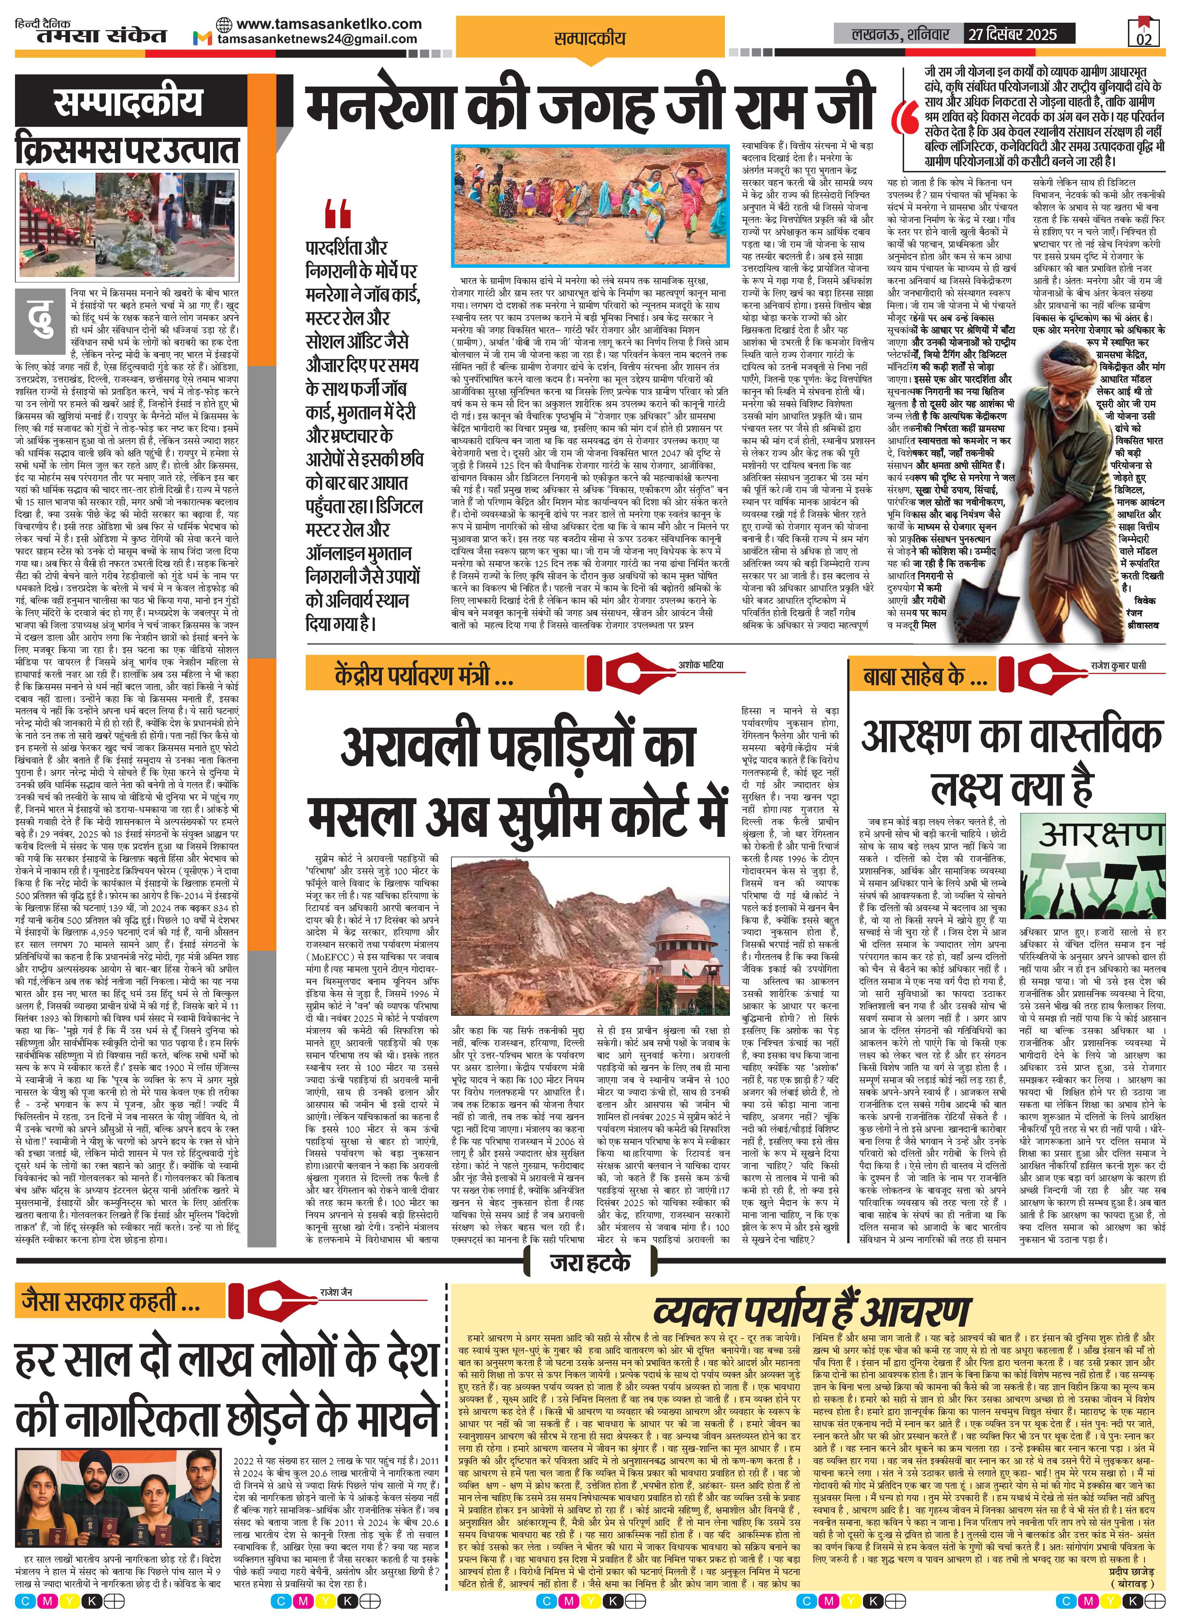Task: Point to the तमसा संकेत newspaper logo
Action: point(92,34)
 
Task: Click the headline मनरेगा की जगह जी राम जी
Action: point(591,104)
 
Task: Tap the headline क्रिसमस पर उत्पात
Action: point(129,152)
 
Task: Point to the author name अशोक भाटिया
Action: point(701,665)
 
